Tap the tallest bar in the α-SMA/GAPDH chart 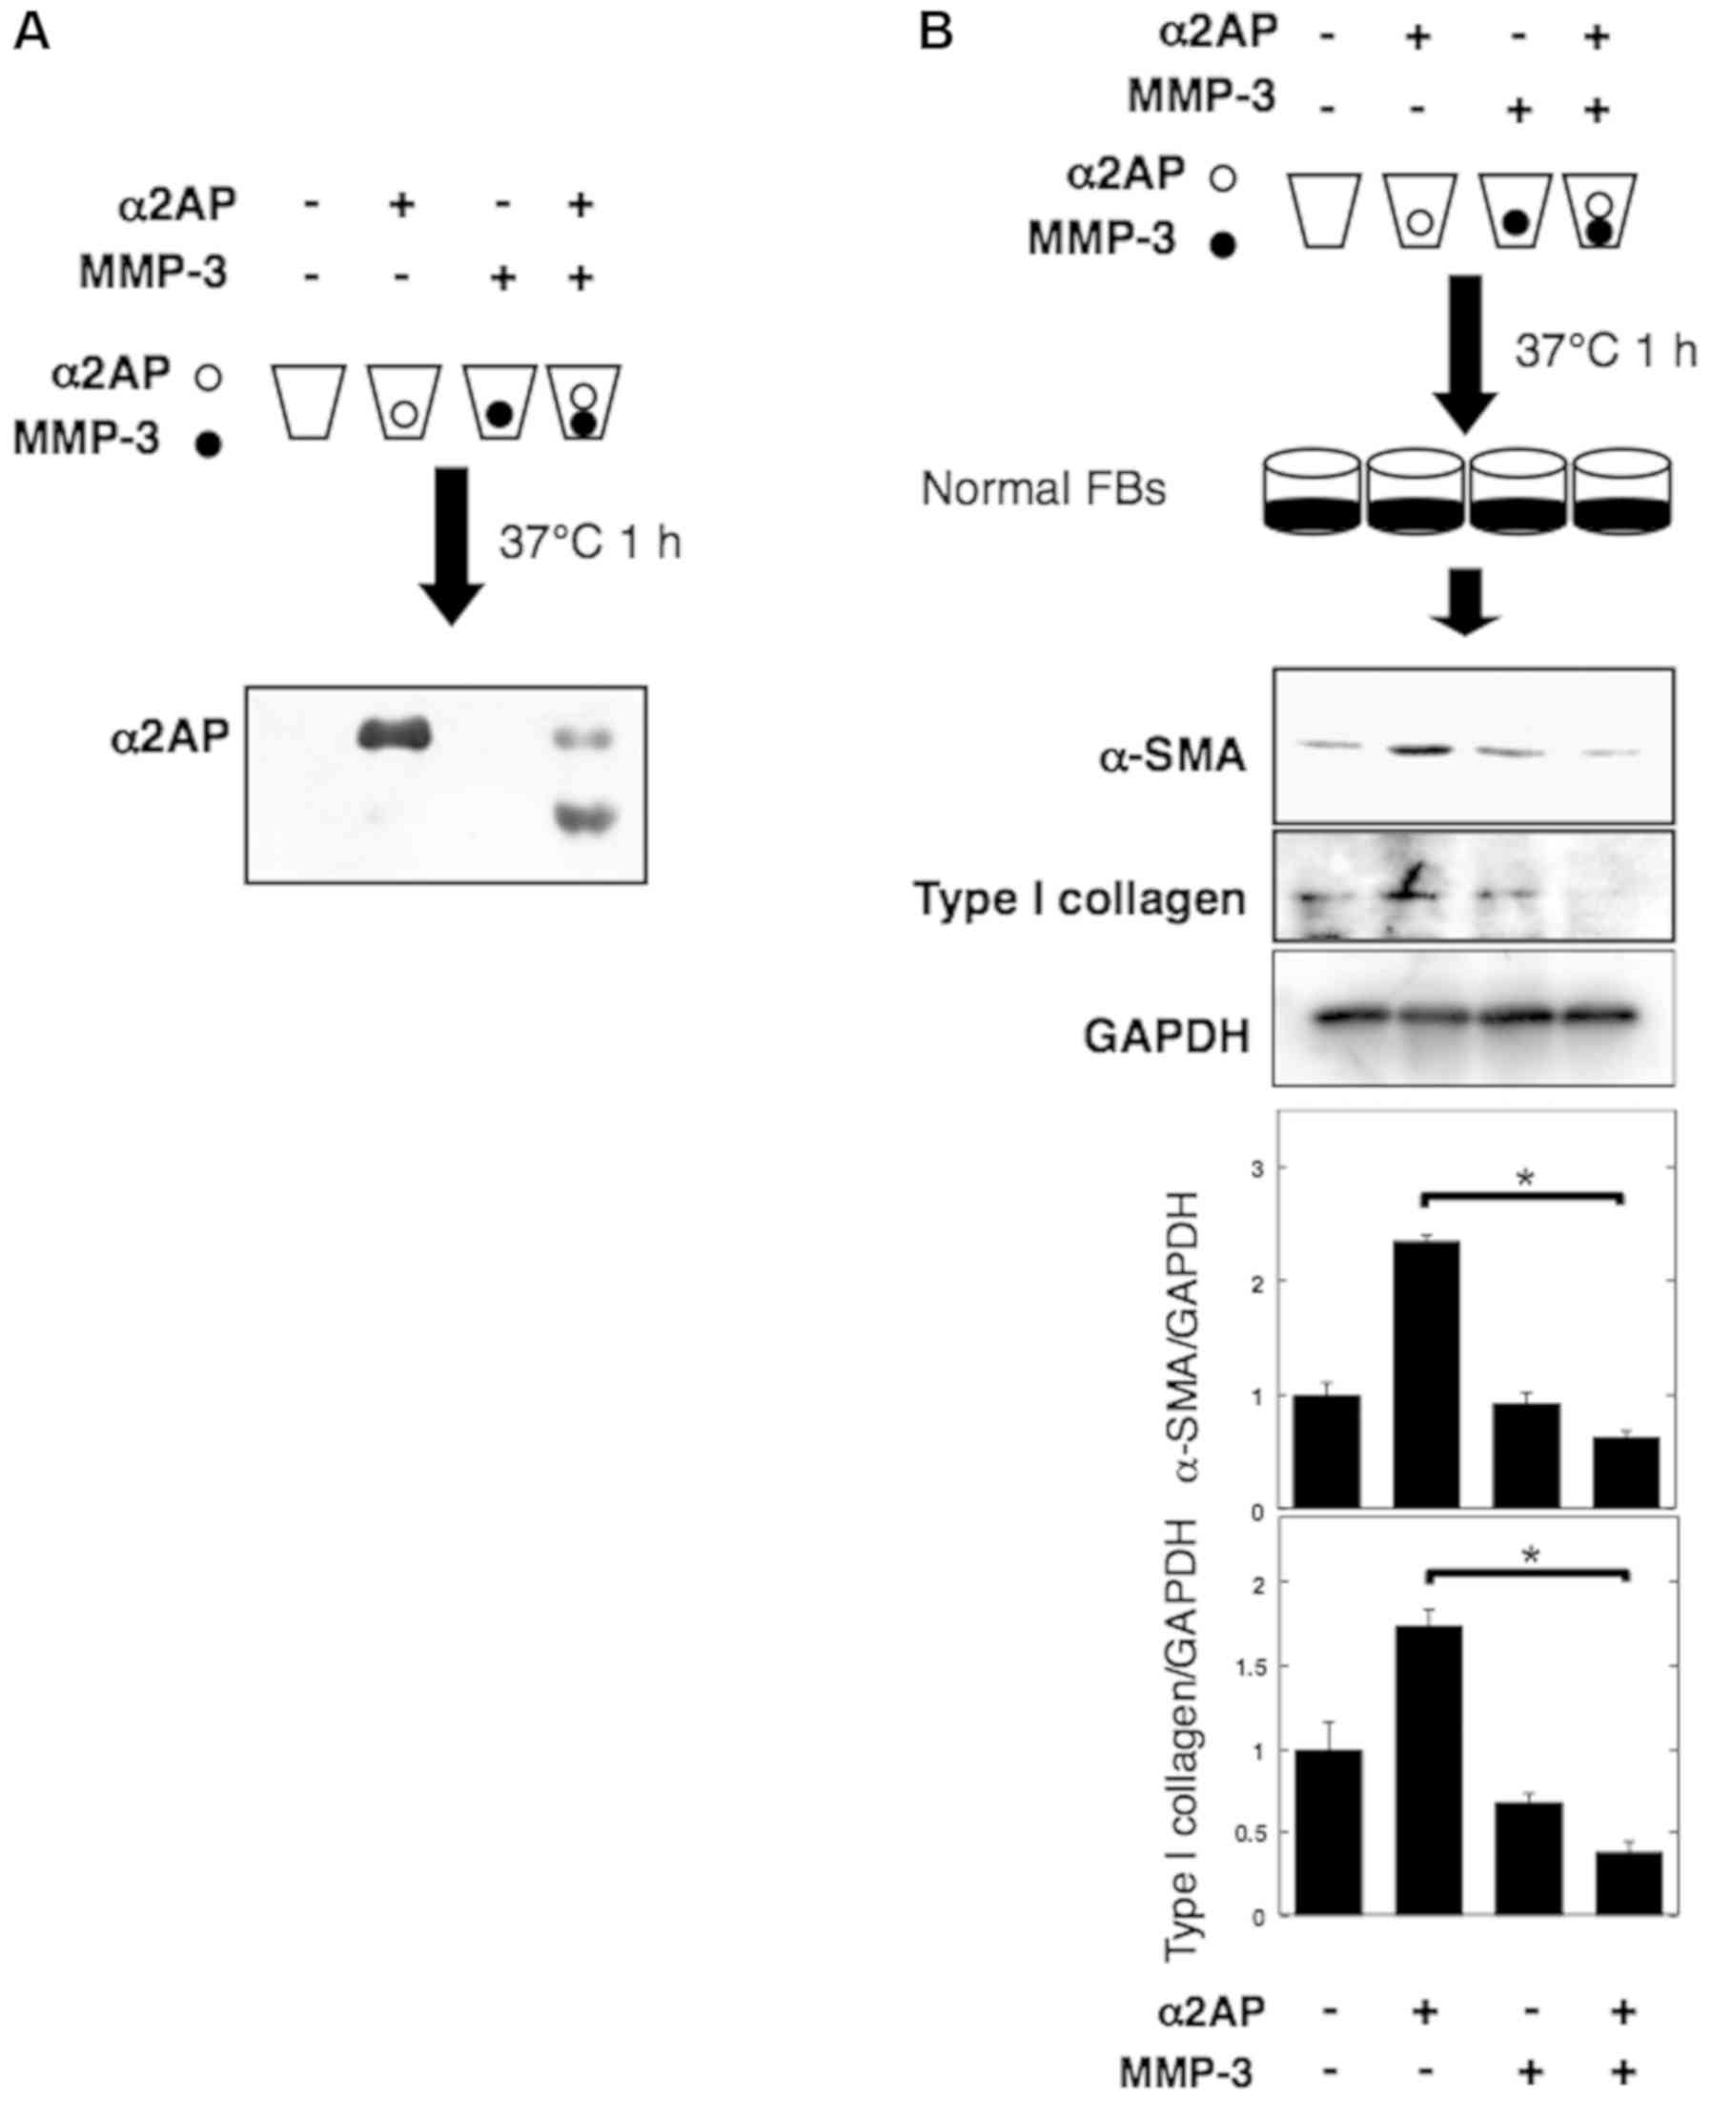1426,1374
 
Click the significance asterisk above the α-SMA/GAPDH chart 1525,1179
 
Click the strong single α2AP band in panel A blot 396,733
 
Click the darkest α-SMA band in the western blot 1420,750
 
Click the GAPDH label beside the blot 1166,1036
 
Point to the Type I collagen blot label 1080,899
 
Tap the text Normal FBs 1043,489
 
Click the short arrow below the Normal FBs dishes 1465,601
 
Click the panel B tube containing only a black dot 1516,211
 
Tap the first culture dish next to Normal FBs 1311,492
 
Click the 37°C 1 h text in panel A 589,544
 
